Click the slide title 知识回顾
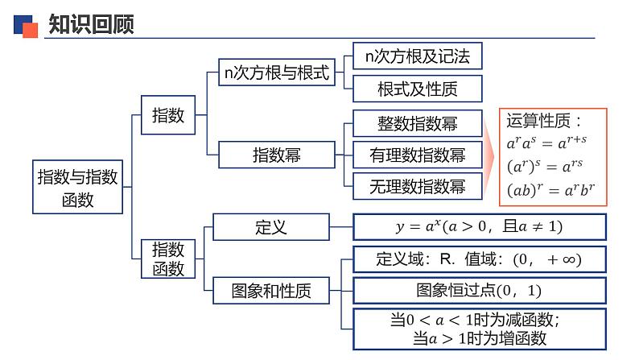[90, 25]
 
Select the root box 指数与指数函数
[78, 187]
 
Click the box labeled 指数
[168, 115]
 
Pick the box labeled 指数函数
[168, 258]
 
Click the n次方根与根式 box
[277, 73]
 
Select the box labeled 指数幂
[277, 154]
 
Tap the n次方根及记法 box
[417, 56]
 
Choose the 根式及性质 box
[417, 89]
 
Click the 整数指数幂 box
[417, 124]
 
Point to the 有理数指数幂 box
[417, 155]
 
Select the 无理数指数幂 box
[417, 186]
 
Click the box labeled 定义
[270, 226]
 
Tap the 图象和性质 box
[270, 289]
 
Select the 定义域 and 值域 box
[479, 259]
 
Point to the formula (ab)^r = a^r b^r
[550, 191]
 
